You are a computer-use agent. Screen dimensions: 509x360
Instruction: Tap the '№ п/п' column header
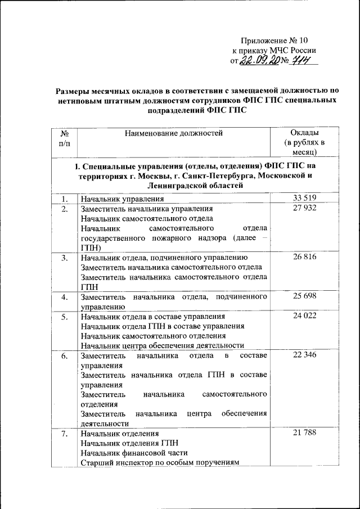point(64,138)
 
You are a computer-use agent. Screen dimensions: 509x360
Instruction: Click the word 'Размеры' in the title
point(76,90)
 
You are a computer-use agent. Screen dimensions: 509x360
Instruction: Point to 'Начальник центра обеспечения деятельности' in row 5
point(162,345)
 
